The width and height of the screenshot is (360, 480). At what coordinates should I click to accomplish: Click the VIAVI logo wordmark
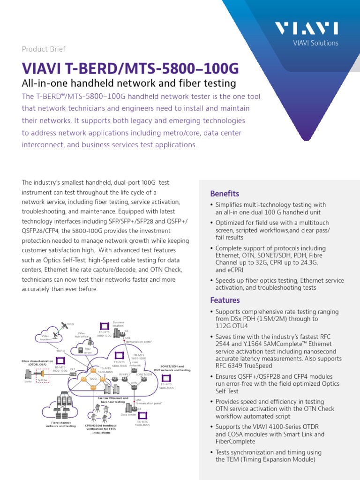tap(313, 29)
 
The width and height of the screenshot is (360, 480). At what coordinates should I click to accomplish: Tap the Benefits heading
tap(225, 194)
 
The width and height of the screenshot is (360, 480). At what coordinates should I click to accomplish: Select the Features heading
tap(225, 300)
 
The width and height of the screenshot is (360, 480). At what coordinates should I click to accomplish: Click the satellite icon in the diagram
tap(63, 325)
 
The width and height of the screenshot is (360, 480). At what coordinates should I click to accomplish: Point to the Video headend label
tap(45, 337)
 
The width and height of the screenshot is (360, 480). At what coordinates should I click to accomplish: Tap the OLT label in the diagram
tap(73, 369)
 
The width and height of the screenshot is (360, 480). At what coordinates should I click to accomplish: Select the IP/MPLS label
tap(124, 374)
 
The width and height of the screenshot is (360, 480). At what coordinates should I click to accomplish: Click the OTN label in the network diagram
tap(134, 383)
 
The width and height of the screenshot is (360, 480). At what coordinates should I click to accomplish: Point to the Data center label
tap(128, 415)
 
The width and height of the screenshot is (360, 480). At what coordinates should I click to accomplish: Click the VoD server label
tap(88, 351)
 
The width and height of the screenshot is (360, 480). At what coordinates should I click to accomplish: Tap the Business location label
tap(119, 324)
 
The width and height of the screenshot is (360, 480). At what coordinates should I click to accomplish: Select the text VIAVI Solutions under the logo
tap(315, 43)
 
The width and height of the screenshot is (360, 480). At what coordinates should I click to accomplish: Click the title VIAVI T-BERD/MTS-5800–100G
tap(130, 69)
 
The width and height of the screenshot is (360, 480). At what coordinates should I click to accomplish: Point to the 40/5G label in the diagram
tap(60, 350)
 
